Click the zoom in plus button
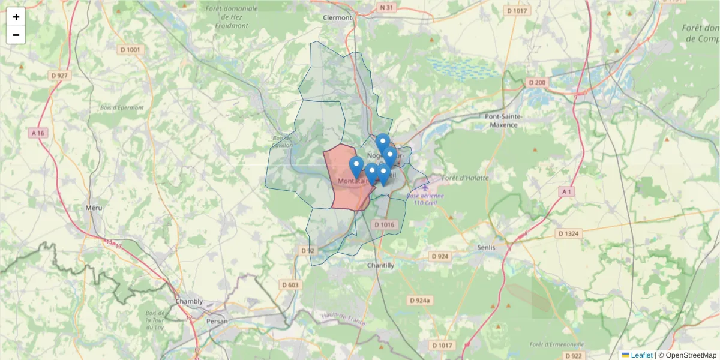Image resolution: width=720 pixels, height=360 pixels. pyautogui.click(x=16, y=17)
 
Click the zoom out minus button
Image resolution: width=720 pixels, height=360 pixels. pyautogui.click(x=16, y=35)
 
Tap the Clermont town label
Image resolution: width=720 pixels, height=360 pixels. pyautogui.click(x=337, y=18)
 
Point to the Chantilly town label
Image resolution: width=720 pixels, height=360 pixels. pyautogui.click(x=380, y=265)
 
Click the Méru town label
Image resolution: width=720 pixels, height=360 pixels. pyautogui.click(x=94, y=208)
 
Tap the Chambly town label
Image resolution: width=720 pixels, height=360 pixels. pyautogui.click(x=189, y=301)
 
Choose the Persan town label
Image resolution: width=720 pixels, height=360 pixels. pyautogui.click(x=217, y=321)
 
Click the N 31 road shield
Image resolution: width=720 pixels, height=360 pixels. pyautogui.click(x=387, y=7)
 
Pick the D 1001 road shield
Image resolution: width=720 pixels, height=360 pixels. pyautogui.click(x=133, y=50)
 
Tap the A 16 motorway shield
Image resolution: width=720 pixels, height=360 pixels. pyautogui.click(x=38, y=133)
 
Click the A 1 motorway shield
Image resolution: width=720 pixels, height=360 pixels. pyautogui.click(x=566, y=191)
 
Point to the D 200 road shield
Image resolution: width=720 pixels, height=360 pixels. pyautogui.click(x=536, y=82)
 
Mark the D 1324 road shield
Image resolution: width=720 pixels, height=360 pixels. pyautogui.click(x=568, y=233)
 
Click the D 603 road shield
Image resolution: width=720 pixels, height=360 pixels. pyautogui.click(x=290, y=285)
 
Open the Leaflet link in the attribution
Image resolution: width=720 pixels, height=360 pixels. pyautogui.click(x=641, y=355)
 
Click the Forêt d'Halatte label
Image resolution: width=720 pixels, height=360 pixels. pyautogui.click(x=466, y=178)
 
